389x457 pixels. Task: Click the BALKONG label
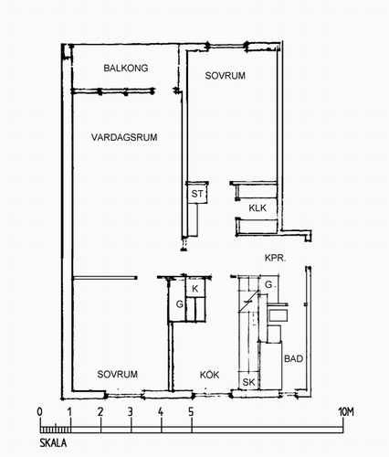[x=126, y=68]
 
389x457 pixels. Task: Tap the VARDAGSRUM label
[x=124, y=137]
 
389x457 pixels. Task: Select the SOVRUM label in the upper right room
[x=225, y=76]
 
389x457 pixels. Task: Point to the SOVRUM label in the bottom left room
[x=117, y=374]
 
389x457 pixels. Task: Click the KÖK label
[x=209, y=375]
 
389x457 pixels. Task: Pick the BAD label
[x=293, y=358]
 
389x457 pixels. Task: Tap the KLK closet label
[x=258, y=208]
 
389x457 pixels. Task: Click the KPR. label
[x=275, y=258]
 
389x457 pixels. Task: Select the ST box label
[x=197, y=194]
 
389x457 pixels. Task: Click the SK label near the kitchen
[x=248, y=382]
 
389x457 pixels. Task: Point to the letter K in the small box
[x=195, y=289]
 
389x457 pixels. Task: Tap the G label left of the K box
[x=180, y=304]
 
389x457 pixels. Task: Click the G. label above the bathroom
[x=270, y=284]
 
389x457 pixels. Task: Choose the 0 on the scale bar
[x=39, y=412]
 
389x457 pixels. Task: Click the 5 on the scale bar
[x=191, y=412]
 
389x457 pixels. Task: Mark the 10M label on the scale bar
[x=346, y=412]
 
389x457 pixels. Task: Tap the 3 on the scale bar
[x=131, y=412]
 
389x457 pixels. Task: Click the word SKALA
[x=53, y=443]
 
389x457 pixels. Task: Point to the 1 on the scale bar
[x=69, y=412]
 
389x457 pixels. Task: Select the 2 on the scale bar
[x=100, y=412]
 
